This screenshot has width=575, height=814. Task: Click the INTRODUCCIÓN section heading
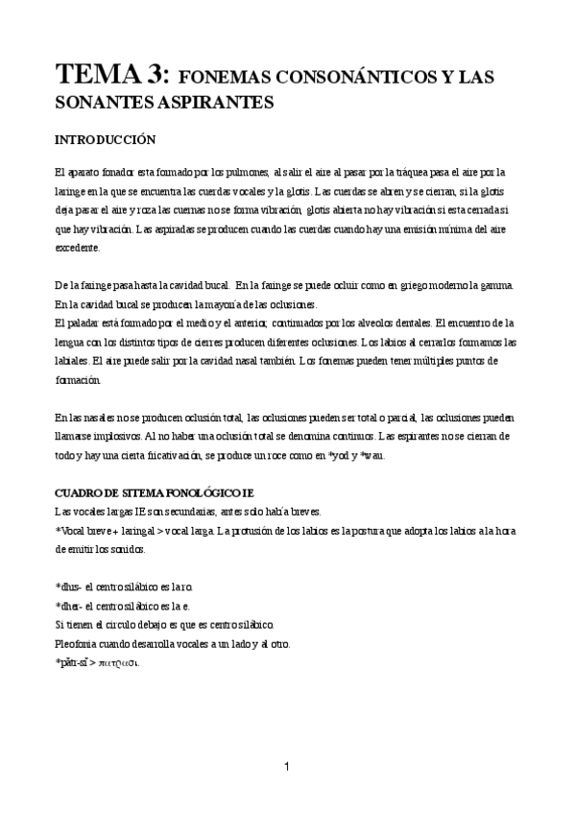point(106,139)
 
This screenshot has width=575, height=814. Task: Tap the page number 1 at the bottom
point(287,766)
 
